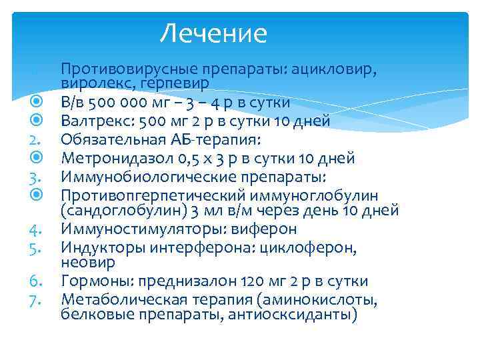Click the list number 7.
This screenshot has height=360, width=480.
pyautogui.click(x=36, y=299)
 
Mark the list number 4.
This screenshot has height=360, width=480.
pyautogui.click(x=36, y=229)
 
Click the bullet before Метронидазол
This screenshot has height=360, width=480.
pyautogui.click(x=37, y=159)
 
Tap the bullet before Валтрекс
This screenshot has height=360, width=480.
pyautogui.click(x=37, y=121)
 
